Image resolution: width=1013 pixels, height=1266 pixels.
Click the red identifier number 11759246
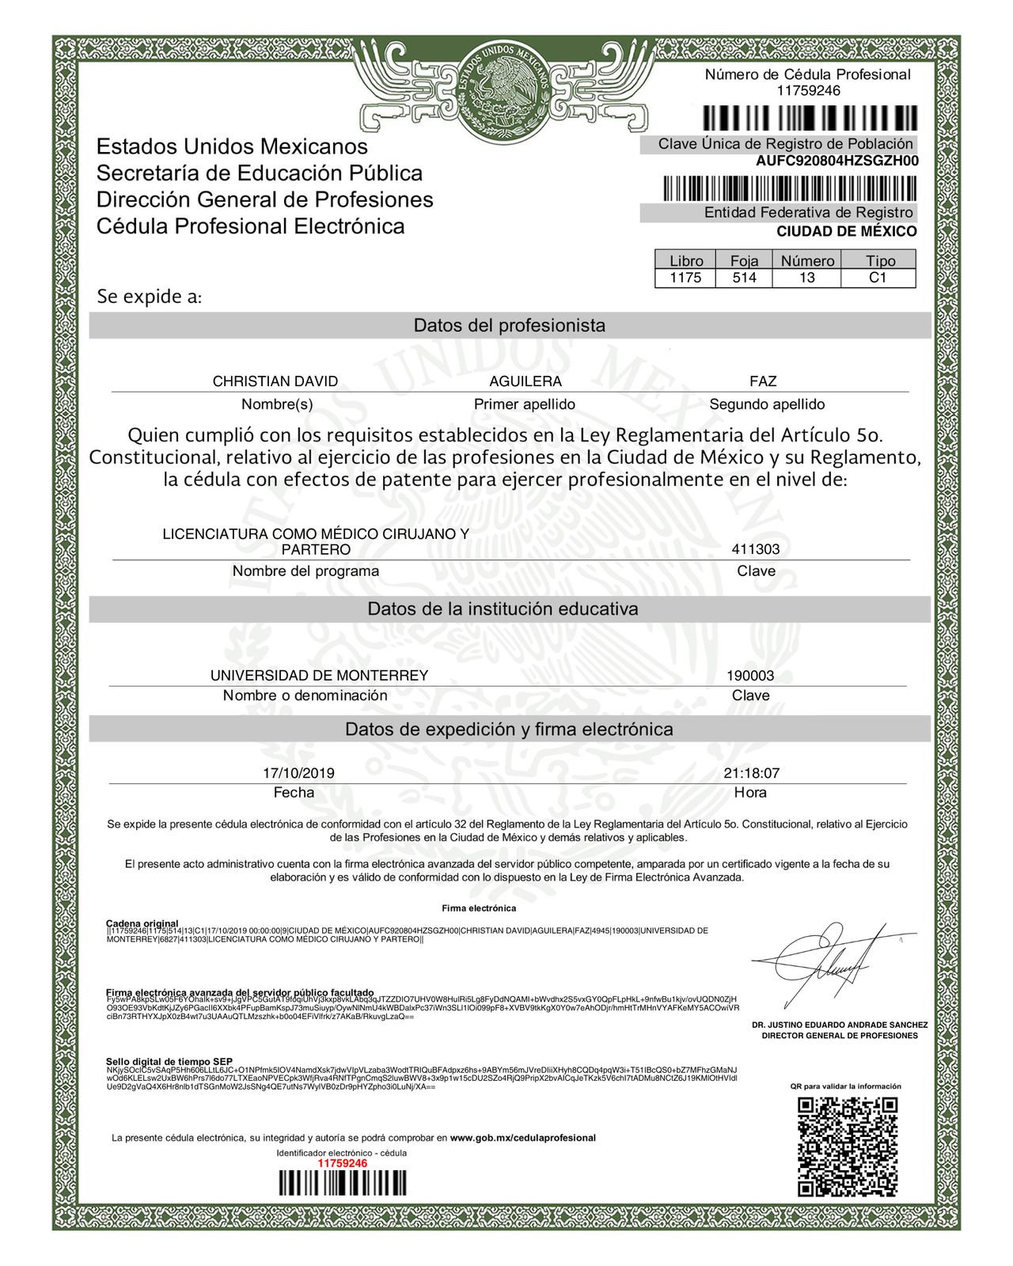342,1163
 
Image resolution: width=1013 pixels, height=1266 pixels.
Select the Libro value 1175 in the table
685,278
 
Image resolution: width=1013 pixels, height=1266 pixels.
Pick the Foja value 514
744,278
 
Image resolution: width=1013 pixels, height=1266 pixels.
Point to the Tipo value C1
878,278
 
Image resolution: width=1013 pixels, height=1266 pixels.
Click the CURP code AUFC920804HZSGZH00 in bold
837,161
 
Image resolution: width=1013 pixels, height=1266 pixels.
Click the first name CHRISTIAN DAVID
275,381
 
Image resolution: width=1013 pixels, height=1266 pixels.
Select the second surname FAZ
763,381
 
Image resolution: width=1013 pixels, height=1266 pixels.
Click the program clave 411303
755,549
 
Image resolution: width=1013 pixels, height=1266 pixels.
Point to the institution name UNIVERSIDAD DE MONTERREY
319,676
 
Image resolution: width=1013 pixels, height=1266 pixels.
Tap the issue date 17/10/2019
298,773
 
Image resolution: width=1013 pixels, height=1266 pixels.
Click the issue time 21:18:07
751,773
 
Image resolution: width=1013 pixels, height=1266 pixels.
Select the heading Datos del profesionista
509,325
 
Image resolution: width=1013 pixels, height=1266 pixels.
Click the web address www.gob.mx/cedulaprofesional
522,1138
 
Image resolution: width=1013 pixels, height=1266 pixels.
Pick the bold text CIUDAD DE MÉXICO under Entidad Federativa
846,232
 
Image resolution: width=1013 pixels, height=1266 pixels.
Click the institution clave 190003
750,677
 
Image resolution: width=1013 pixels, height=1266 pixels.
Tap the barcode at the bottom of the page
342,1185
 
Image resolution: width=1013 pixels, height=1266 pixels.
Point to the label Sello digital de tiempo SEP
169,1061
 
